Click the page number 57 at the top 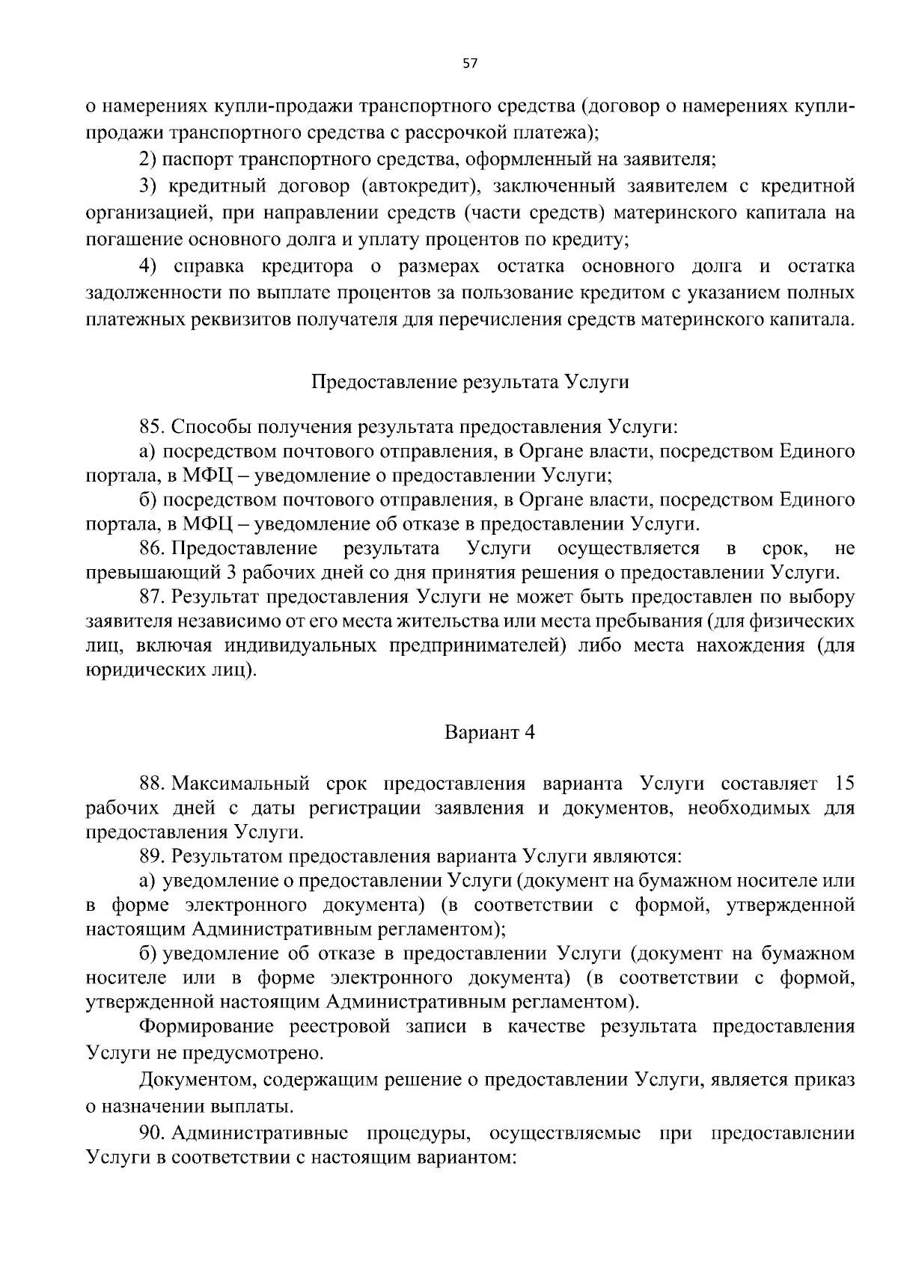coord(469,64)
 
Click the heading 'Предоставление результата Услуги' coord(469,382)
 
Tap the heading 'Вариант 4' coord(489,732)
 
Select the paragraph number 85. coord(151,427)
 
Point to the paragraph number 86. coord(151,549)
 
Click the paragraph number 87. coord(151,597)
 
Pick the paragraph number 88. coord(151,784)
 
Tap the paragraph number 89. coord(151,856)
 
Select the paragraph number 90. coord(151,1133)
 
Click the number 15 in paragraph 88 coord(843,784)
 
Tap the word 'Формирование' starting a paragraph coord(201,1027)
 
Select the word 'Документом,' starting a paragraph coord(195,1080)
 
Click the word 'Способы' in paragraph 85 coord(211,427)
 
